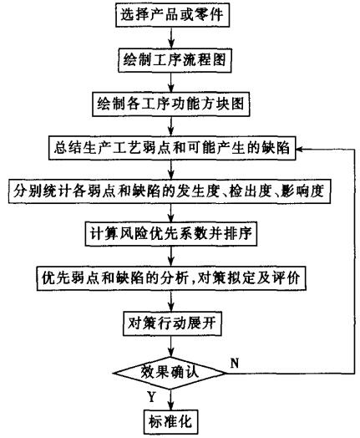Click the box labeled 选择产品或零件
pyautogui.click(x=172, y=15)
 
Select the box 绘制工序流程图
pyautogui.click(x=175, y=60)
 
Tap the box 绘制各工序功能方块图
pyautogui.click(x=170, y=104)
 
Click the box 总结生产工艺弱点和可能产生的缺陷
pyautogui.click(x=172, y=148)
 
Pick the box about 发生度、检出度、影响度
pyautogui.click(x=169, y=191)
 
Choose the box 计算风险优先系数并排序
pyautogui.click(x=170, y=234)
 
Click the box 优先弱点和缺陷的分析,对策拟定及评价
pyautogui.click(x=171, y=278)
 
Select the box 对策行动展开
pyautogui.click(x=172, y=323)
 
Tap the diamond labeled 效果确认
pyautogui.click(x=170, y=373)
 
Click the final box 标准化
pyautogui.click(x=170, y=421)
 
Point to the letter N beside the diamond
pyautogui.click(x=235, y=364)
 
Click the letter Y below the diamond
pyautogui.click(x=151, y=397)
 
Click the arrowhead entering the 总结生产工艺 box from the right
pyautogui.click(x=299, y=149)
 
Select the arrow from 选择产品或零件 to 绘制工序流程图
pyautogui.click(x=171, y=38)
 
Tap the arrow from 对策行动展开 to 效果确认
pyautogui.click(x=171, y=346)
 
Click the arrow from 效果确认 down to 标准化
pyautogui.click(x=170, y=400)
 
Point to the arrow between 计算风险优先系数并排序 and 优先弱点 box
pyautogui.click(x=171, y=256)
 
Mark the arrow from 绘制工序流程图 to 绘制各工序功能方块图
pyautogui.click(x=171, y=82)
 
